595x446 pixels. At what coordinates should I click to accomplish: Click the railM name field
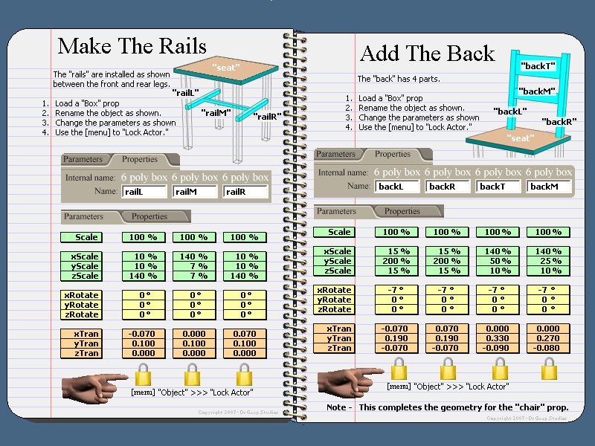pos(195,192)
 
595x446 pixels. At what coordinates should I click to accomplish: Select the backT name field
pos(498,187)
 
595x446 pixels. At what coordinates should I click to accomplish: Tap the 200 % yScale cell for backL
pos(396,261)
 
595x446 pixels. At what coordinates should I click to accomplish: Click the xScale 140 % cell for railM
pos(194,256)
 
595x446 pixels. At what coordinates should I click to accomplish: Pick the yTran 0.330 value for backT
pos(498,338)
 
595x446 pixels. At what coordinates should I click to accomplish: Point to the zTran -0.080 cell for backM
pos(548,348)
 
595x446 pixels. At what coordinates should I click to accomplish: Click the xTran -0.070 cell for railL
pos(144,334)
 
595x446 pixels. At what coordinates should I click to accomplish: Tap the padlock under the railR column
pos(244,375)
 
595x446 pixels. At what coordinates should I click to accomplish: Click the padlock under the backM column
pos(549,369)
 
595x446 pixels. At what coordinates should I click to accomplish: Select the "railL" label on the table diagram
pos(185,92)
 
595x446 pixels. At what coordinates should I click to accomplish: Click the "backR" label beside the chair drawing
pos(559,121)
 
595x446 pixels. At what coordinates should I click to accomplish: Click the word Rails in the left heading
pos(182,46)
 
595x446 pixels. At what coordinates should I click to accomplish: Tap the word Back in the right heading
pos(471,53)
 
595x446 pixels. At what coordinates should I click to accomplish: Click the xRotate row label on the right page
pos(334,290)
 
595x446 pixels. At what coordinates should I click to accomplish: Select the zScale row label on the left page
pos(82,276)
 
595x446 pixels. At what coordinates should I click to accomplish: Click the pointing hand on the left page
pos(94,387)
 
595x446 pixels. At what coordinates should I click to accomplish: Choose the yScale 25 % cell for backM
pos(548,261)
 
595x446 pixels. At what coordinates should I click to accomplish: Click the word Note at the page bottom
pos(336,407)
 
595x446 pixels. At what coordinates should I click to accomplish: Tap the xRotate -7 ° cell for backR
pos(447,290)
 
